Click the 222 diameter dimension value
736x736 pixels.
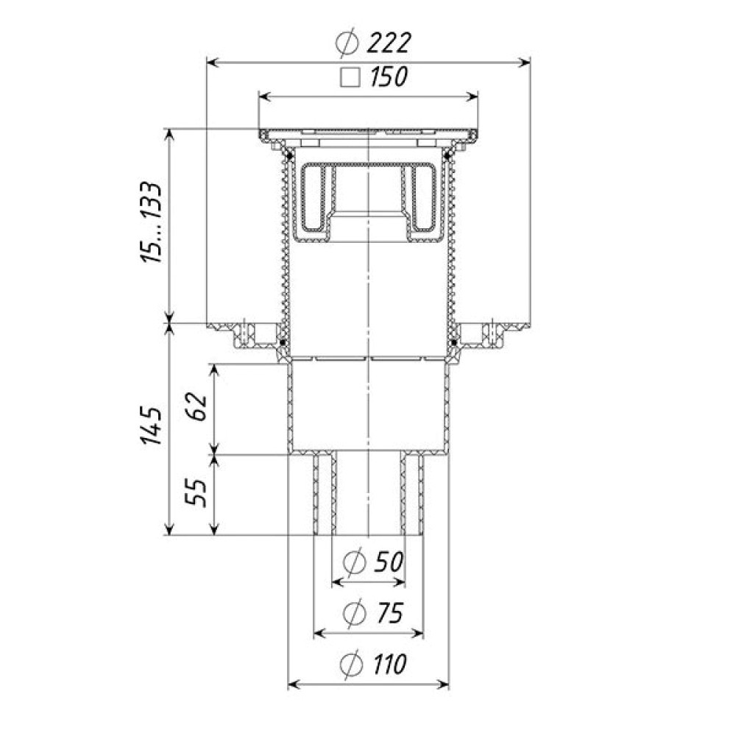[388, 43]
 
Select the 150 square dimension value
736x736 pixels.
[389, 77]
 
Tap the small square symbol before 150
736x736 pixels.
[350, 77]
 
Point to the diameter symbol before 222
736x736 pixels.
[347, 43]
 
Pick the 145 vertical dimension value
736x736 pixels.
[152, 425]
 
